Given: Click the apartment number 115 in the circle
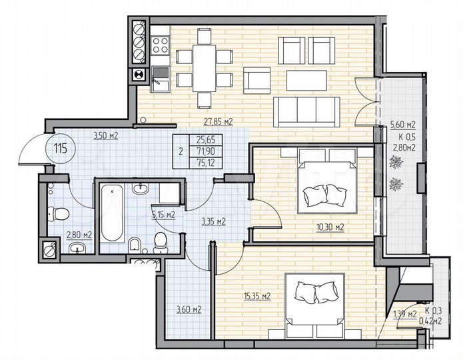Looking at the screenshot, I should tap(61, 148).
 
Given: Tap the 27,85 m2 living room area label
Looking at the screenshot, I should tap(218, 122).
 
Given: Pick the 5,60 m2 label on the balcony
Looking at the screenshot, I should tap(402, 125).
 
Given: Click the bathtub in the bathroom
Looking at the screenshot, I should tap(111, 214).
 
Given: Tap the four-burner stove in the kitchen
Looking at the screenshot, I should tap(161, 46).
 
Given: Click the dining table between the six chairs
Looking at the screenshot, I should tap(205, 67).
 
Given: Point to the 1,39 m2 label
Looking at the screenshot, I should tap(404, 313).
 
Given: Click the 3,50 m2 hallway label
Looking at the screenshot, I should tap(105, 135).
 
